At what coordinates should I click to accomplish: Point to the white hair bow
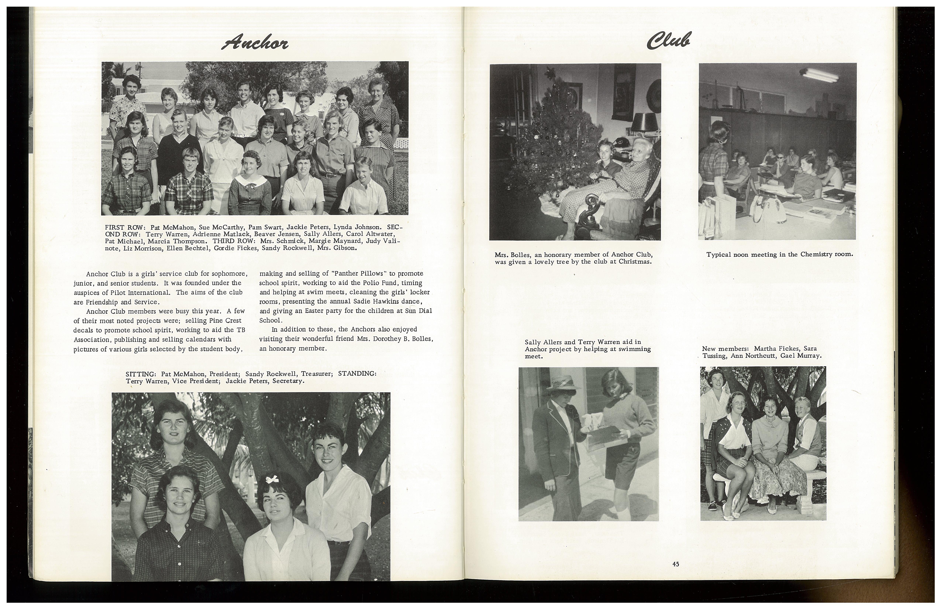pos(272,480)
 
